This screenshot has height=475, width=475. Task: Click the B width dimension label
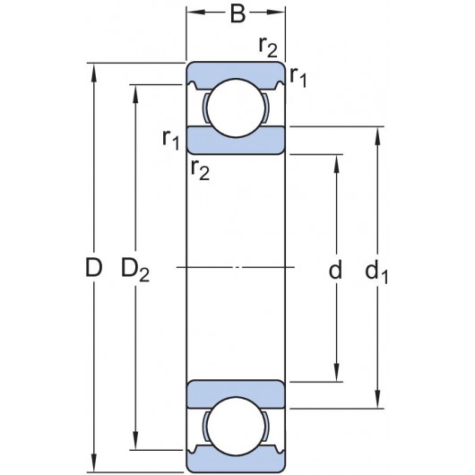pos(237,14)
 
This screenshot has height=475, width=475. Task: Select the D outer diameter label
pos(93,268)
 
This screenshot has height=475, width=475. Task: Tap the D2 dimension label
pos(135,270)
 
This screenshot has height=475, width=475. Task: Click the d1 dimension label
pos(376,272)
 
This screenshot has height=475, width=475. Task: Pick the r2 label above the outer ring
pos(268,47)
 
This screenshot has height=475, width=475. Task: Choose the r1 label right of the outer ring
pos(298,77)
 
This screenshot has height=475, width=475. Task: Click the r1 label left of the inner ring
pos(171,140)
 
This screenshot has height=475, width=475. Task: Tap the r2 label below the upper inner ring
pos(200,170)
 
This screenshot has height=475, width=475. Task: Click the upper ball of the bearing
pos(236,108)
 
